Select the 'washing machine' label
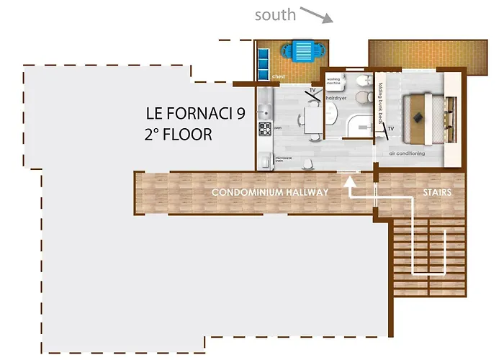tap(333, 82)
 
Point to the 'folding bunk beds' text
tap(381, 102)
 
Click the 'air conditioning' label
tap(407, 153)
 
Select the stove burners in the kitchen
tap(264, 130)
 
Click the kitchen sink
tap(264, 110)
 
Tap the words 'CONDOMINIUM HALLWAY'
tap(269, 193)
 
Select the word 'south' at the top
tap(275, 14)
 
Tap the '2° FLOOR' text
tap(178, 134)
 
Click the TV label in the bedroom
tap(391, 130)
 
